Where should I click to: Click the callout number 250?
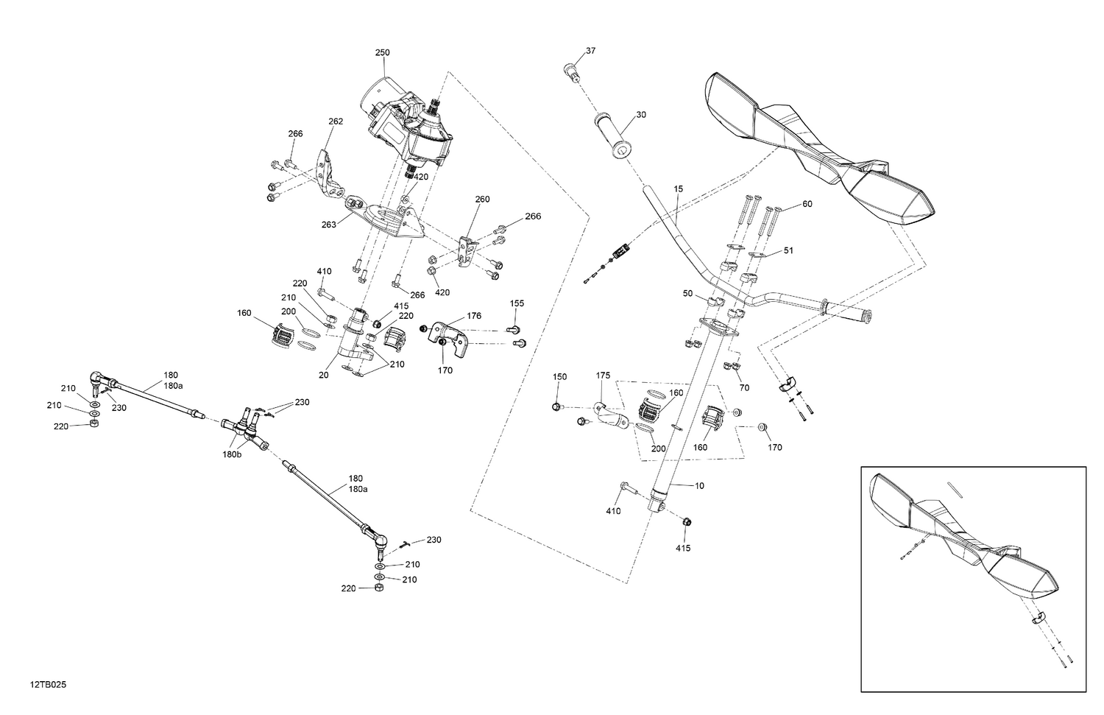[382, 53]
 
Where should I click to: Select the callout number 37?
[591, 51]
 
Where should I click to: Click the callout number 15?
[678, 189]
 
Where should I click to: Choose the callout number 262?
[336, 121]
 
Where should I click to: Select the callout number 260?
[482, 200]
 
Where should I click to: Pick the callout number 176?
[474, 317]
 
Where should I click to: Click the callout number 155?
[517, 303]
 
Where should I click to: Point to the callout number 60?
[807, 204]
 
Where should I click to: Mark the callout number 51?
[788, 251]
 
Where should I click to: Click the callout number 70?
[744, 387]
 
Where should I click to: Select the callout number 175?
[604, 376]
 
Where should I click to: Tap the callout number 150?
[560, 377]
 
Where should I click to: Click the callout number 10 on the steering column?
[699, 486]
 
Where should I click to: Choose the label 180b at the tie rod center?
[232, 455]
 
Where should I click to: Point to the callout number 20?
[323, 375]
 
